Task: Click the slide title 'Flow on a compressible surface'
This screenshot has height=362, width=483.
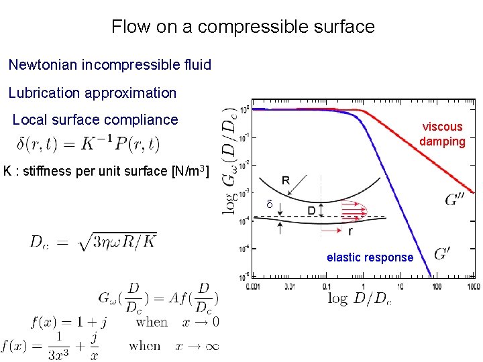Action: (243, 27)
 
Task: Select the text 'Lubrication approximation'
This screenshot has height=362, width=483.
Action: (93, 93)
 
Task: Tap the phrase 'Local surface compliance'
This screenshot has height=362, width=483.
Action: (95, 120)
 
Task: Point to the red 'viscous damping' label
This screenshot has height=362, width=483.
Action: (442, 134)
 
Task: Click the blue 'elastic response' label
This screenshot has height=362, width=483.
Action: (370, 257)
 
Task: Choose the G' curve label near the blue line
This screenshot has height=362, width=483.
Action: (443, 253)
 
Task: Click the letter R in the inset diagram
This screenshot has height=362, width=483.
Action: (286, 180)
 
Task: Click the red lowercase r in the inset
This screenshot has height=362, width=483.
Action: (350, 232)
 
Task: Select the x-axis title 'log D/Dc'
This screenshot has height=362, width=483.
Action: (360, 298)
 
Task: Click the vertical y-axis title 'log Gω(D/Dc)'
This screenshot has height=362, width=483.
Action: (231, 160)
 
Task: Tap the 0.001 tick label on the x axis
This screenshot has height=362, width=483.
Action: (253, 287)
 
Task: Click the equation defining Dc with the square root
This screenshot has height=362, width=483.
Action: (93, 241)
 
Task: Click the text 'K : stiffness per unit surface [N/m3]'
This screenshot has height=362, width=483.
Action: (106, 171)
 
